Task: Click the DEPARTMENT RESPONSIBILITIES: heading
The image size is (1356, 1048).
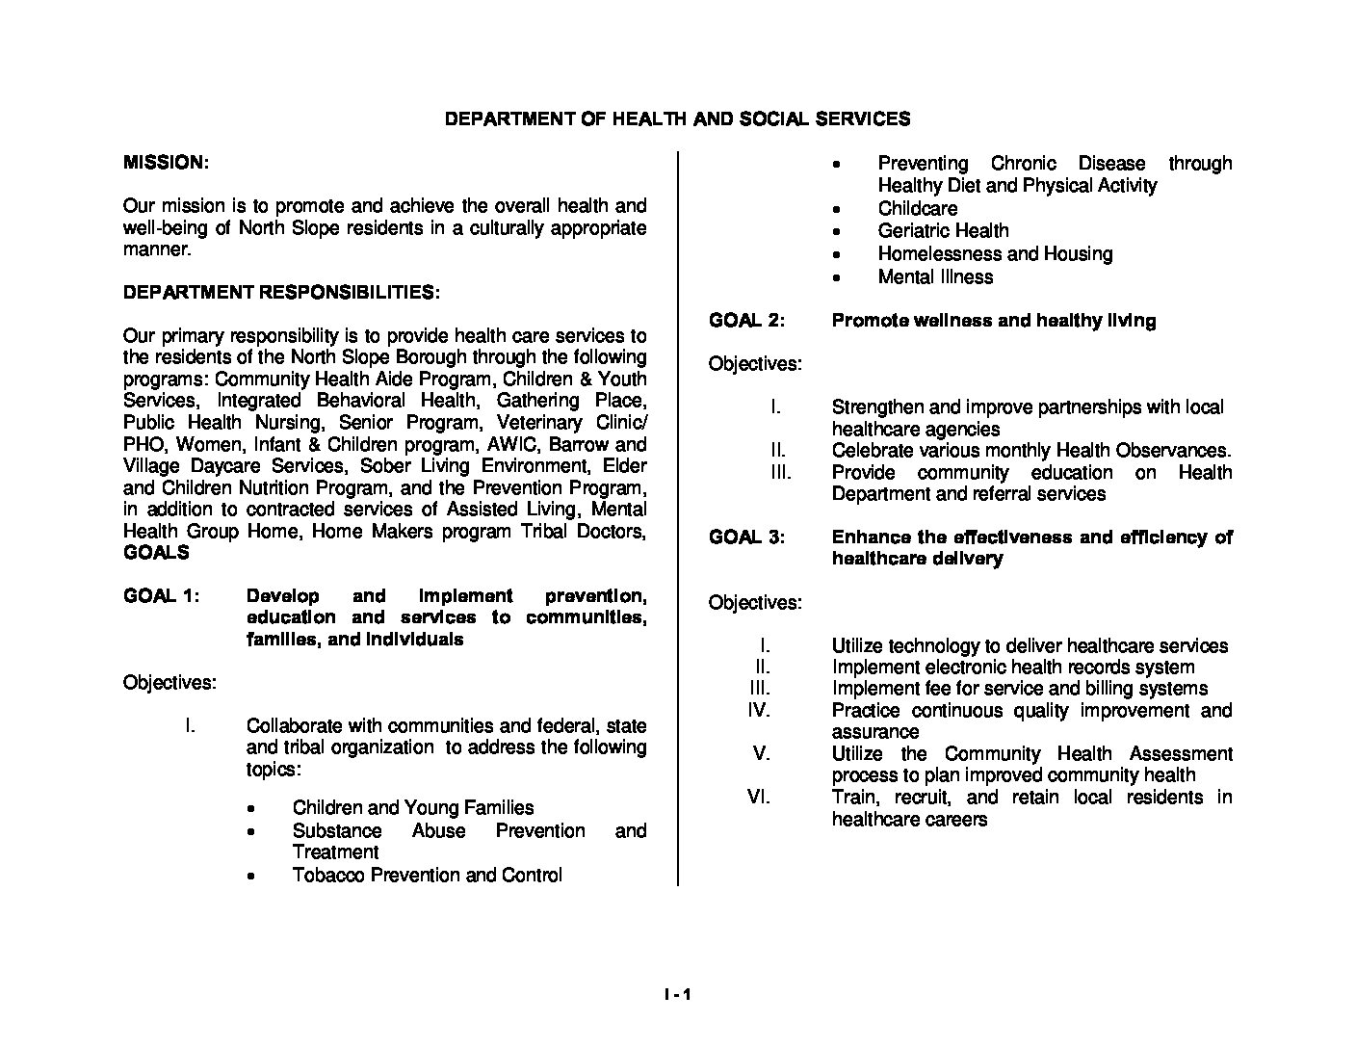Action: click(282, 292)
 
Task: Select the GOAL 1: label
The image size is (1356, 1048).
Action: click(162, 596)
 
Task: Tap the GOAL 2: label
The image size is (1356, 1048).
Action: click(747, 321)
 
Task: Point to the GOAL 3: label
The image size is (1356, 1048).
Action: click(747, 537)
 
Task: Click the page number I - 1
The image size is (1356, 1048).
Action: click(677, 995)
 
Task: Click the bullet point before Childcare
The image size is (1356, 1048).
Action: click(837, 209)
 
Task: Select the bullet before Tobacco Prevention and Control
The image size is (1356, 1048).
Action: click(251, 877)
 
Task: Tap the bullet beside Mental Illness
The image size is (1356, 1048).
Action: click(837, 278)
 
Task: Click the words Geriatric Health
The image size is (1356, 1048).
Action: click(943, 231)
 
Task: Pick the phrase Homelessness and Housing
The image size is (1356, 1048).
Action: click(995, 254)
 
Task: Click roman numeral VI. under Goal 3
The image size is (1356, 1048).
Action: click(759, 798)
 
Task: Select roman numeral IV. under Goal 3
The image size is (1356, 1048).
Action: click(759, 711)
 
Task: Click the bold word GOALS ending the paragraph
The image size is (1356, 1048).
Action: click(156, 554)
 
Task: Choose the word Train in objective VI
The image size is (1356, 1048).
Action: click(854, 798)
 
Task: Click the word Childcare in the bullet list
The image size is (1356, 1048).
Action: click(917, 209)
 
